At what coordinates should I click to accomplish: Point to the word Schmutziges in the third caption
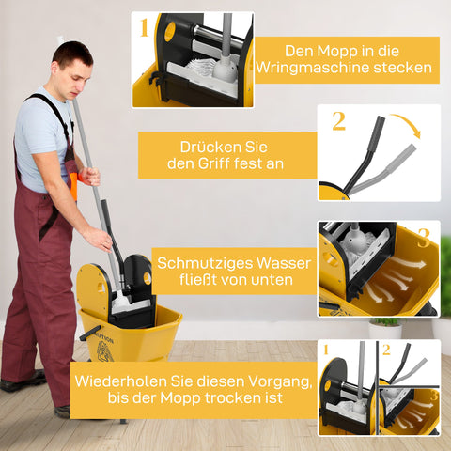point(207,263)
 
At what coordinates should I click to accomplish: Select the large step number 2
point(338,120)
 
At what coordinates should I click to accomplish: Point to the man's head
point(72,65)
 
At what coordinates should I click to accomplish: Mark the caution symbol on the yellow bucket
point(104,351)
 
